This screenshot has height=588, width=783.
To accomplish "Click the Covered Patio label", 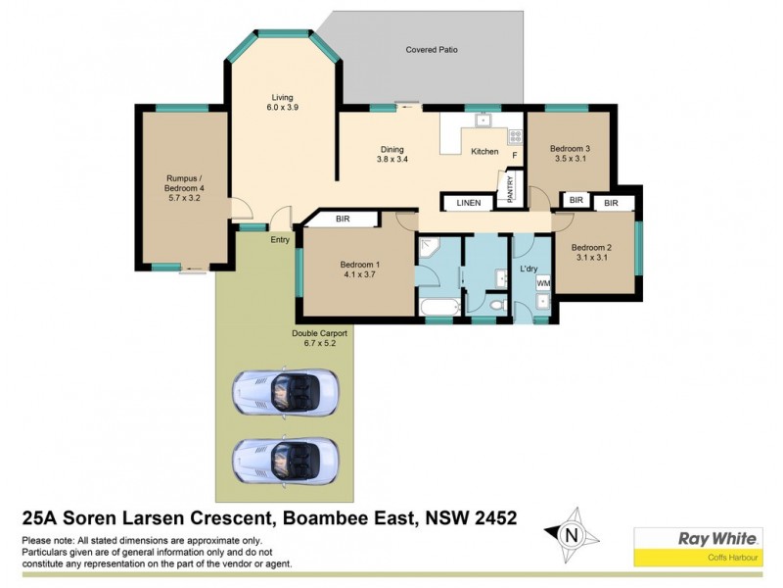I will click(x=432, y=50).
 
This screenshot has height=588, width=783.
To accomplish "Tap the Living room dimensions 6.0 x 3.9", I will click(x=282, y=107).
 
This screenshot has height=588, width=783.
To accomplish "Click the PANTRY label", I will click(x=510, y=189).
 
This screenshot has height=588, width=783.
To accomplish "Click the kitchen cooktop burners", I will click(x=514, y=138).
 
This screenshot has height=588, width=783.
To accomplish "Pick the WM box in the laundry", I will click(x=543, y=283).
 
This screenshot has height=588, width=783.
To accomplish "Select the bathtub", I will click(x=437, y=311).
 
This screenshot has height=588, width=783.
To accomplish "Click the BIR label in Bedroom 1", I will click(x=344, y=220).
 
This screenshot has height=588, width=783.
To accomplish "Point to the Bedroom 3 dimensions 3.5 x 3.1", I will click(x=571, y=158).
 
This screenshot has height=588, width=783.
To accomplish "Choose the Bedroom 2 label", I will click(x=590, y=247).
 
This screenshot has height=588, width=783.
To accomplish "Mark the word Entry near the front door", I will click(x=280, y=239).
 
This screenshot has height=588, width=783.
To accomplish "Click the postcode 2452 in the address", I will click(x=485, y=516).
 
